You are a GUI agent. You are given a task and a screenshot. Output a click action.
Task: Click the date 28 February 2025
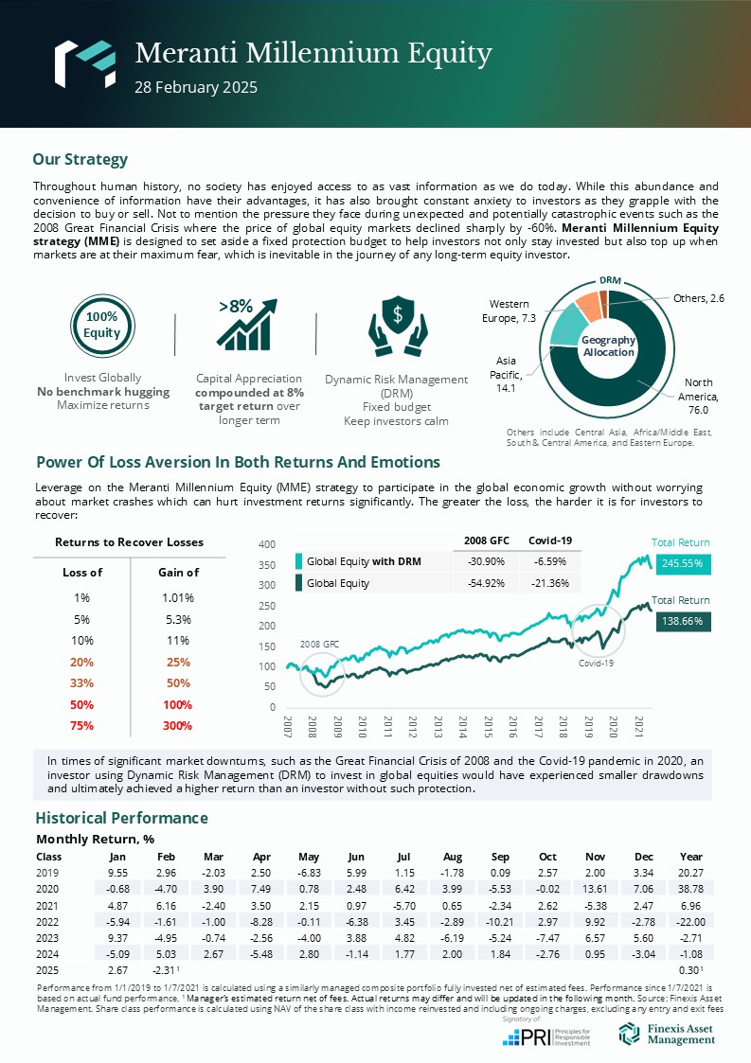click(x=196, y=87)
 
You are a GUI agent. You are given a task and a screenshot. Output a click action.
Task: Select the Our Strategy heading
click(x=80, y=159)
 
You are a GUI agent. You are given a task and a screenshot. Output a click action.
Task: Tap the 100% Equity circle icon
click(x=101, y=325)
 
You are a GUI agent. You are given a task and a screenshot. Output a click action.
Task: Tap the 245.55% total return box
click(x=681, y=562)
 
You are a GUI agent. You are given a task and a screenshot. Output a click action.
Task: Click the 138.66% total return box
click(x=681, y=621)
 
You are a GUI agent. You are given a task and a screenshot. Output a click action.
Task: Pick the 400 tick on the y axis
click(x=266, y=544)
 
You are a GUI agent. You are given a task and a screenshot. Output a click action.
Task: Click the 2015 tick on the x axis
click(x=487, y=727)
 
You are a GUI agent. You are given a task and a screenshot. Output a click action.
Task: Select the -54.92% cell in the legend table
click(x=486, y=583)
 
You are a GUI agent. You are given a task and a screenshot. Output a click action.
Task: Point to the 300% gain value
click(x=177, y=726)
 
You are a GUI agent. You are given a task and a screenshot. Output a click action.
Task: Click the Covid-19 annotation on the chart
click(x=597, y=663)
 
